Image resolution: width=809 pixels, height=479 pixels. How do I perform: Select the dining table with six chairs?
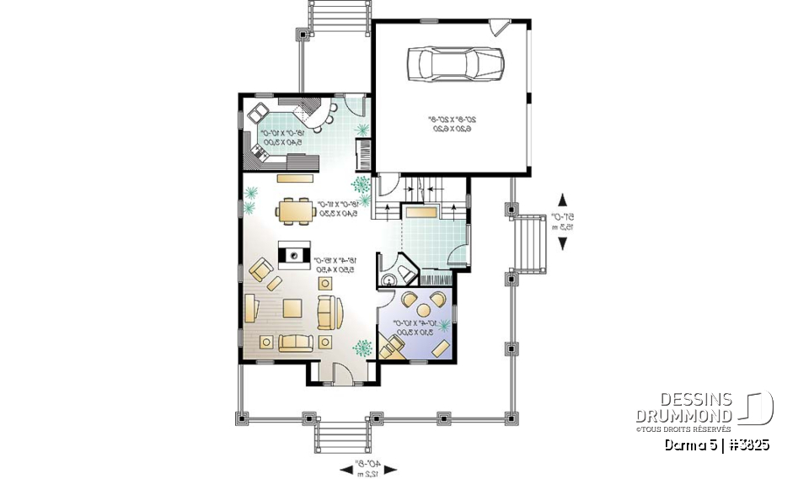295,211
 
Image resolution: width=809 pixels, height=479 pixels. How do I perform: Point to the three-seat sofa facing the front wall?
295,342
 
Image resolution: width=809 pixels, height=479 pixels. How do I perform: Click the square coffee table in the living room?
293,309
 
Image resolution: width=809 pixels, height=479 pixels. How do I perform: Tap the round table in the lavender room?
419,306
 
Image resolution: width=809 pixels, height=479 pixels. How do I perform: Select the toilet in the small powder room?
390,279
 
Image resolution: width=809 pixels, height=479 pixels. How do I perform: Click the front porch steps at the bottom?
341,437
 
